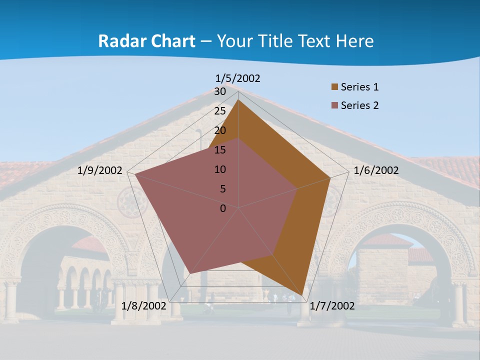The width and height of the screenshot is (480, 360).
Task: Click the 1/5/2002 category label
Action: pyautogui.click(x=238, y=78)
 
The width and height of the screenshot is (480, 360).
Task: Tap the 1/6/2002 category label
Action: pyautogui.click(x=376, y=170)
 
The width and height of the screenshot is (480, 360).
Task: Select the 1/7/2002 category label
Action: pyautogui.click(x=332, y=306)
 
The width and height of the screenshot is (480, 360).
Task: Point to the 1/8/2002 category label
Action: pyautogui.click(x=143, y=306)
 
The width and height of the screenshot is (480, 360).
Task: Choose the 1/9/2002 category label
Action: pyautogui.click(x=100, y=170)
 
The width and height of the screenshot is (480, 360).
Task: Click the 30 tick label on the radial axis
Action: pyautogui.click(x=220, y=92)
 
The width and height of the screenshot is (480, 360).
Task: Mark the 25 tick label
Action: pyautogui.click(x=220, y=111)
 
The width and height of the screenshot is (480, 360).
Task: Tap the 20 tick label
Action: pyautogui.click(x=220, y=130)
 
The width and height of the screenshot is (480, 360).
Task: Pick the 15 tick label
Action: pyautogui.click(x=220, y=150)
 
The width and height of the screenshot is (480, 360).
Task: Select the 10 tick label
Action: pyautogui.click(x=220, y=169)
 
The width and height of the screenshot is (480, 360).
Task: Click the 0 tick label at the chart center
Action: pyautogui.click(x=223, y=208)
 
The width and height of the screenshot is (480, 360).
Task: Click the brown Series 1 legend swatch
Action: pyautogui.click(x=334, y=87)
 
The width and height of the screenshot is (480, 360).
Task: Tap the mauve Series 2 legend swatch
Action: pyautogui.click(x=334, y=105)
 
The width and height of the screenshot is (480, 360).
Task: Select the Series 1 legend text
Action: pyautogui.click(x=359, y=87)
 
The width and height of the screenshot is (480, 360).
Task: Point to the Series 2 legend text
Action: pyautogui.click(x=359, y=105)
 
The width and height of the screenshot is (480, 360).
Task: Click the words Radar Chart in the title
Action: pyautogui.click(x=146, y=41)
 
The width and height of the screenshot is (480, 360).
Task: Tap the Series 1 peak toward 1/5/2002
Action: pyautogui.click(x=238, y=100)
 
